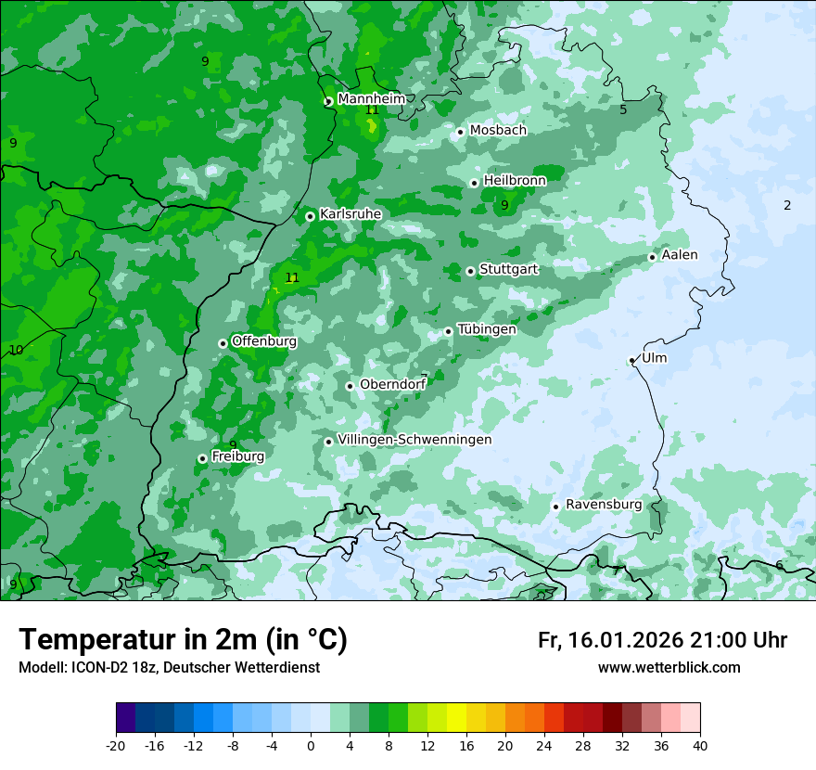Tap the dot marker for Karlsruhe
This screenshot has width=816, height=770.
point(310,216)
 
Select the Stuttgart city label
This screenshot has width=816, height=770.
point(508,269)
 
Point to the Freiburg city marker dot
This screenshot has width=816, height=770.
point(202,458)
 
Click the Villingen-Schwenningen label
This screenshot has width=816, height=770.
point(414,440)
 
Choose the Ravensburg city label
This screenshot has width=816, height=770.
point(604,505)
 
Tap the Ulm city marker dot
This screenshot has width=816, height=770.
point(631,360)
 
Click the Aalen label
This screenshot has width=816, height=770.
point(680,255)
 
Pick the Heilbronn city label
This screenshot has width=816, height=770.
point(515,180)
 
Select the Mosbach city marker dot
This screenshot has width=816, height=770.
point(460,132)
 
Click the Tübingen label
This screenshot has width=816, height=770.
point(487,329)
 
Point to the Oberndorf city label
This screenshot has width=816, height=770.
point(392,384)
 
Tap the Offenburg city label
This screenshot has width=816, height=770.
point(264,341)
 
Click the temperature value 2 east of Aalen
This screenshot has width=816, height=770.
point(787,205)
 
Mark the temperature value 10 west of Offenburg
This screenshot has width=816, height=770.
point(16,350)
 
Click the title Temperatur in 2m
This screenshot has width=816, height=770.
point(183,640)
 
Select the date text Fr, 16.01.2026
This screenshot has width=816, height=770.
point(610,640)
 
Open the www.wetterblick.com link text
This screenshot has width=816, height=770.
point(669,668)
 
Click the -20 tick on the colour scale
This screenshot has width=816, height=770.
point(116,745)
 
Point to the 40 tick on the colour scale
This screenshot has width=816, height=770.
point(700,745)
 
